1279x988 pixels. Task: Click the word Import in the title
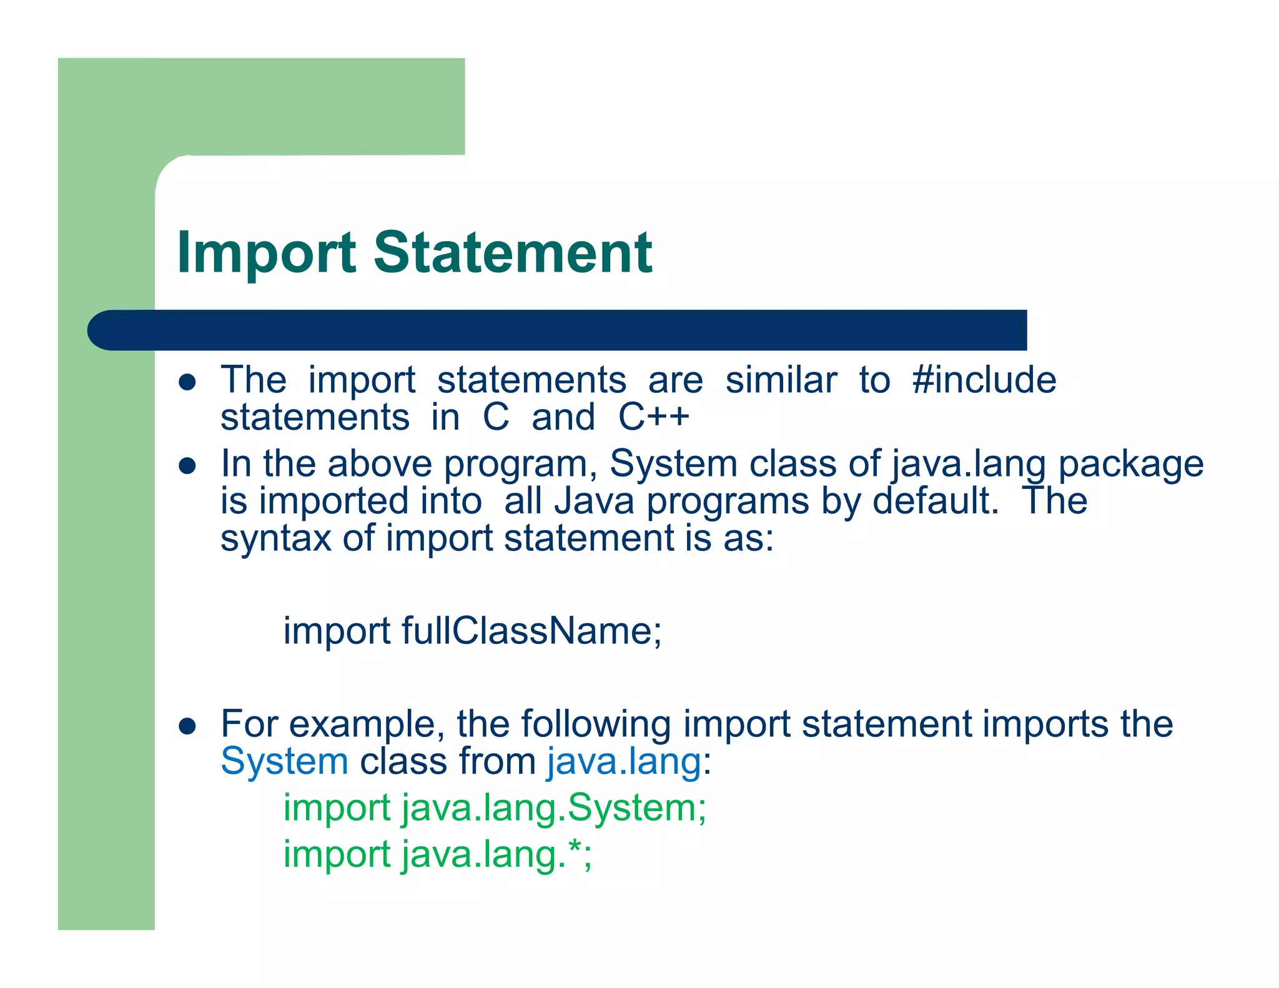pos(266,253)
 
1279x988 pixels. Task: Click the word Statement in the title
pos(513,253)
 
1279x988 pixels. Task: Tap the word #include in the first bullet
pos(984,380)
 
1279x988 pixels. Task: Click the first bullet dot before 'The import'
pos(187,382)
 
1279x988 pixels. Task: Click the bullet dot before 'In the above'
pos(187,466)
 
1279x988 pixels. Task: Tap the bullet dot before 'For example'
pos(187,726)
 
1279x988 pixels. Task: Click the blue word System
pos(284,762)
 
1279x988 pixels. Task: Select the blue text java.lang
pos(624,762)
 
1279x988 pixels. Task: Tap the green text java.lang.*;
pos(496,854)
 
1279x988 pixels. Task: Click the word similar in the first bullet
pos(781,380)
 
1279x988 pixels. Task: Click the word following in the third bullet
pos(596,724)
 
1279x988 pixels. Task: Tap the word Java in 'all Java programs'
pos(594,501)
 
